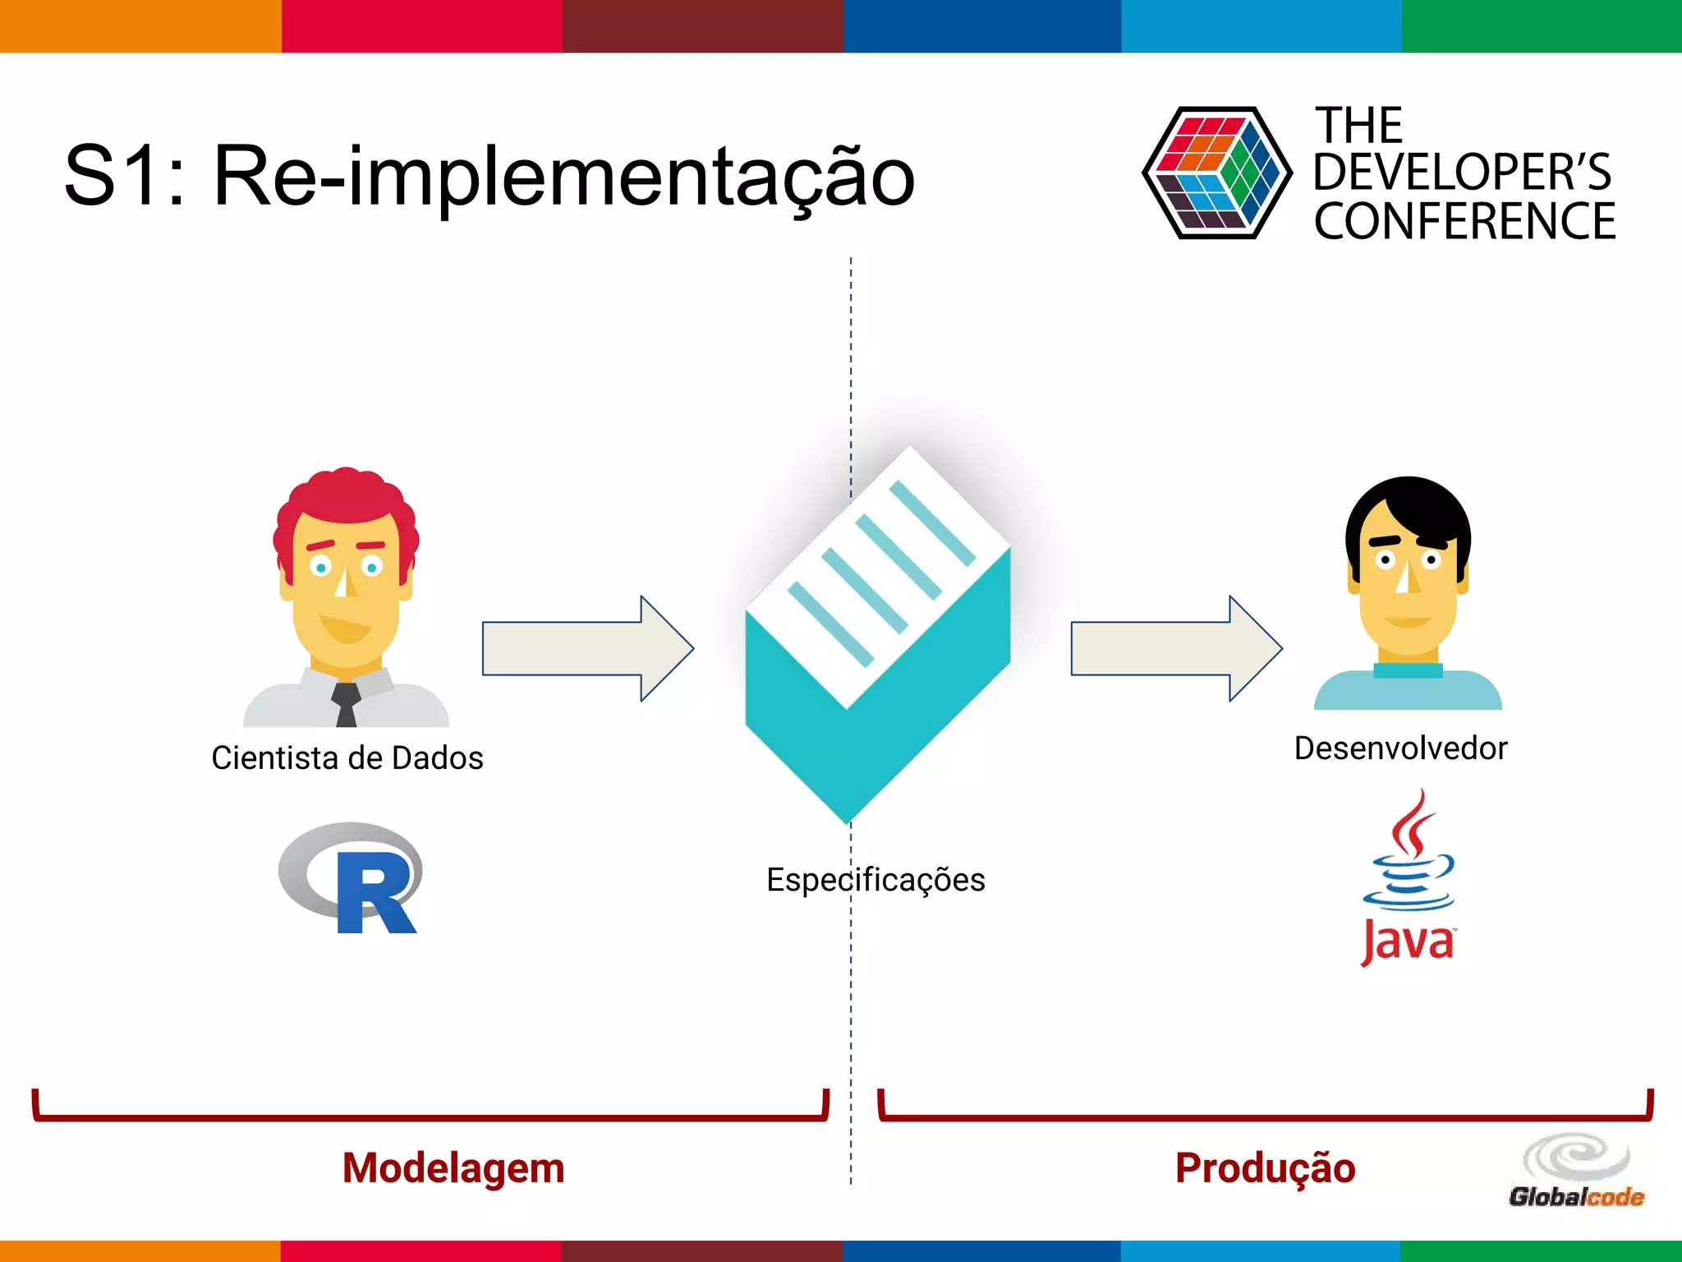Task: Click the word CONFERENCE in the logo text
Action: click(x=1464, y=222)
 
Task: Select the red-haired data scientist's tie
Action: click(x=346, y=704)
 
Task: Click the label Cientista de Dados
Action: click(x=347, y=758)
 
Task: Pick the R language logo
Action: click(x=352, y=878)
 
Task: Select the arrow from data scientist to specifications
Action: click(x=587, y=648)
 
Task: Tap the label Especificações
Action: click(x=875, y=880)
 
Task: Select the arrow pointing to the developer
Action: click(x=1176, y=648)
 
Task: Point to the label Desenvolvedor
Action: click(x=1400, y=748)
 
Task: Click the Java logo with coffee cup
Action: click(x=1408, y=879)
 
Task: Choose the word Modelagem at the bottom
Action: click(x=453, y=1168)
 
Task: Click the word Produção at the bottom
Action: click(x=1265, y=1168)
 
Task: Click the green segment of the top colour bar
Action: click(x=1542, y=25)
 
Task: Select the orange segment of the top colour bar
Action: click(x=140, y=25)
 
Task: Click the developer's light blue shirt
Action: click(x=1408, y=692)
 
